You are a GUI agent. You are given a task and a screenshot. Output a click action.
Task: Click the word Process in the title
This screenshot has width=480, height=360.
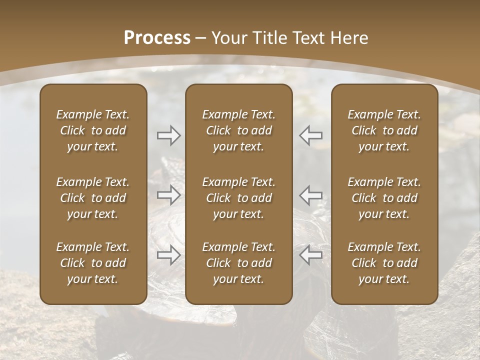click(x=157, y=38)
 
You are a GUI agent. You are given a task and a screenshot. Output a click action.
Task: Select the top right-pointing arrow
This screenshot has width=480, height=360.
click(x=168, y=135)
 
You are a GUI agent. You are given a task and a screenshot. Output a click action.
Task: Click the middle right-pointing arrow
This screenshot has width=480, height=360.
click(x=168, y=195)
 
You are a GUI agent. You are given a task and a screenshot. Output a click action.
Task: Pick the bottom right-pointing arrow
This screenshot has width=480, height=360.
click(x=168, y=255)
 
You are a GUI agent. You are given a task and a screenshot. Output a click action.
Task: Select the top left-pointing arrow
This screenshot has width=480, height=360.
click(x=311, y=135)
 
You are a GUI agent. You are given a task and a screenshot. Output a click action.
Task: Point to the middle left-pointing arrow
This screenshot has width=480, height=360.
click(x=311, y=195)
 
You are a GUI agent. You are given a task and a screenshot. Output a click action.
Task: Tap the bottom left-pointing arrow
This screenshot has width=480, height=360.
click(x=311, y=255)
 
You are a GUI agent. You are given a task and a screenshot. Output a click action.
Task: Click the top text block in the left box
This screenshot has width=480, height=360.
click(x=93, y=130)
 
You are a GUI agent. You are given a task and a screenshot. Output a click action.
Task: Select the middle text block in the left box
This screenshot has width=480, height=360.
click(x=93, y=198)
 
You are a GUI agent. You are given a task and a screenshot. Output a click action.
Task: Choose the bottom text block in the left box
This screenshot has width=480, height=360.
click(x=93, y=263)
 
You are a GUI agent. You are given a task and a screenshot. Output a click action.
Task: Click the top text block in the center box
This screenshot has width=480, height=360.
click(x=239, y=130)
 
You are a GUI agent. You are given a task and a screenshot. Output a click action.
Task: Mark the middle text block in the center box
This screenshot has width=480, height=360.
click(x=239, y=198)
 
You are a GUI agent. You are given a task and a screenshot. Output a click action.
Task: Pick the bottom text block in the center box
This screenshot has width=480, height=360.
click(x=239, y=263)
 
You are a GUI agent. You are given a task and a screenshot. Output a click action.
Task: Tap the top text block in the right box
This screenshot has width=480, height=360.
click(x=384, y=130)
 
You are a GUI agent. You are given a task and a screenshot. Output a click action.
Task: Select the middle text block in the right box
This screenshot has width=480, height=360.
click(x=384, y=198)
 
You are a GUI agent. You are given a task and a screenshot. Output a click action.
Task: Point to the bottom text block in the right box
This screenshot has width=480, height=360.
click(x=384, y=263)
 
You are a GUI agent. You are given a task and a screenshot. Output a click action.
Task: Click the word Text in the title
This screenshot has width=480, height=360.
click(x=306, y=38)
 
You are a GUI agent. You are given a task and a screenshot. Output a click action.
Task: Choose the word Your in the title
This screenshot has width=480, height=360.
click(x=228, y=38)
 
